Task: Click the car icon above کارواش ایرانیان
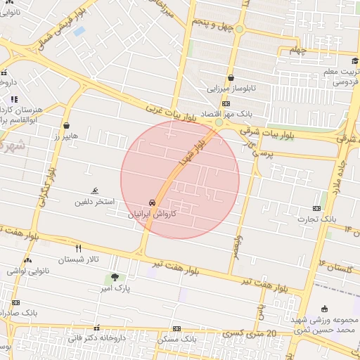153,202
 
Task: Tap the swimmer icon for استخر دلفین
95,191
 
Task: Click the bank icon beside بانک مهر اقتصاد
225,103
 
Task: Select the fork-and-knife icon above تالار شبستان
78,248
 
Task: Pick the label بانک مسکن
176,339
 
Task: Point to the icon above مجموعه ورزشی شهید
323,309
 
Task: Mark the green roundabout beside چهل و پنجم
239,30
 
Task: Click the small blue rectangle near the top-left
79,32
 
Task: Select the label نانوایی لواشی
26,270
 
